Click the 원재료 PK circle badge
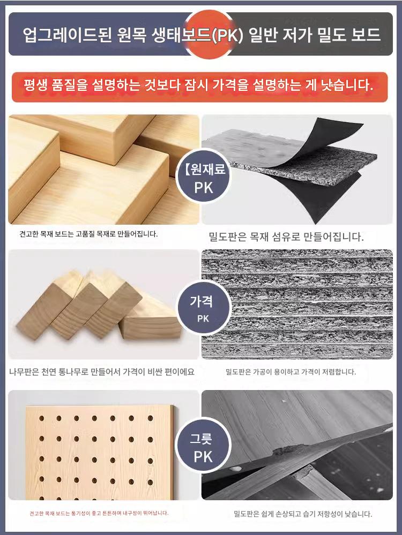click(203, 177)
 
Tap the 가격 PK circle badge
click(203, 308)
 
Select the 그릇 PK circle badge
click(203, 445)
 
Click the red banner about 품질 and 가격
click(200, 87)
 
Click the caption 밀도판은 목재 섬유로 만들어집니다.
click(286, 236)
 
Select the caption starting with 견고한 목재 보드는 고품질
click(88, 234)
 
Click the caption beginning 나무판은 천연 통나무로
click(101, 372)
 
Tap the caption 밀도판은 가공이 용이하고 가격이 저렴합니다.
click(291, 372)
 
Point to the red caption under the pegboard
click(99, 513)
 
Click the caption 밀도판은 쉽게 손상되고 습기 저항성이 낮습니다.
click(303, 514)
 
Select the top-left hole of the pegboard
click(41, 418)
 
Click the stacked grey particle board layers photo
click(297, 304)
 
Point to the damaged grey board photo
click(297, 445)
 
